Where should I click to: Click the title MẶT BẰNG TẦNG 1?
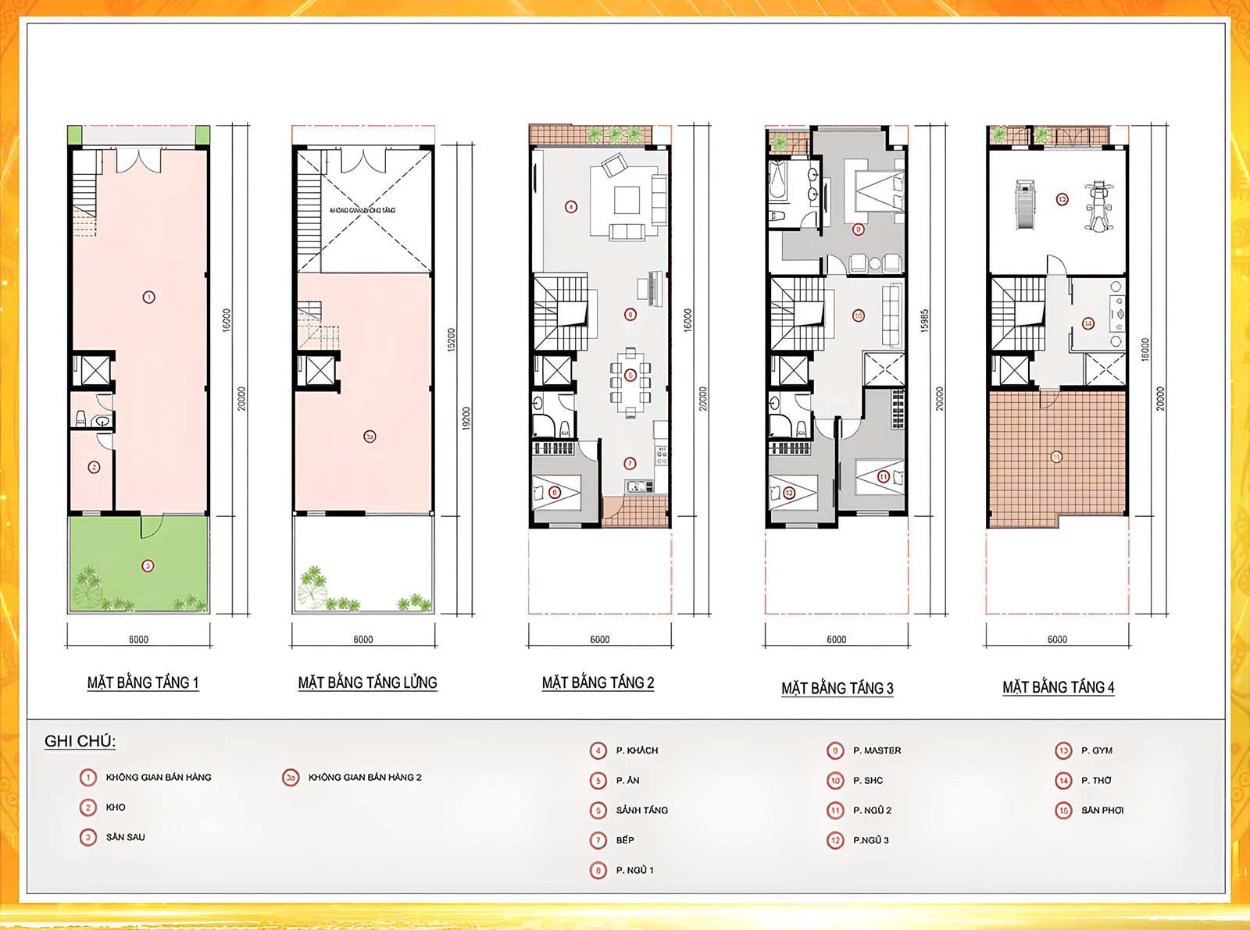(143, 682)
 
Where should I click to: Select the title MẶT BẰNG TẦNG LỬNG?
(367, 682)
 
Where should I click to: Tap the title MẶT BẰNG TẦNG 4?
(1058, 687)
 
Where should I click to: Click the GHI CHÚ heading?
(80, 741)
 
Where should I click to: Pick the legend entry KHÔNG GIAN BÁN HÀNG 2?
(364, 777)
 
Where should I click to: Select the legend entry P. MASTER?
(877, 750)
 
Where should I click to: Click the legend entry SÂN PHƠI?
(1102, 811)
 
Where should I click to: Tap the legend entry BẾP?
(625, 840)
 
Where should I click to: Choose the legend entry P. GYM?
(1096, 750)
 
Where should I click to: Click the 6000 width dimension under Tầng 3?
(836, 640)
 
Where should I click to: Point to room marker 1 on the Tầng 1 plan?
(148, 297)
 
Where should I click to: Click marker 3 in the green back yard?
(148, 565)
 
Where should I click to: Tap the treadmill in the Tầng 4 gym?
(1024, 205)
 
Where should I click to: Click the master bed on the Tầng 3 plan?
(880, 191)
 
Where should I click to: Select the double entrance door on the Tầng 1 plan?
(139, 161)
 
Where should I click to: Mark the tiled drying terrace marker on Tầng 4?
(1056, 457)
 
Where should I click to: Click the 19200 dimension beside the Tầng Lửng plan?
(466, 419)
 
